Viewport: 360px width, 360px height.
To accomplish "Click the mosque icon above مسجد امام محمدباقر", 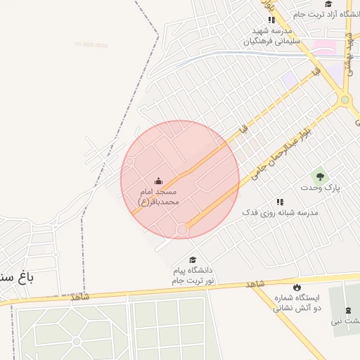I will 158,181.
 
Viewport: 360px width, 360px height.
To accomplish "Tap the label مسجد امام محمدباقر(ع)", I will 158,196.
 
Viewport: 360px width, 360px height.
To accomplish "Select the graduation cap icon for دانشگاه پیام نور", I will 193,260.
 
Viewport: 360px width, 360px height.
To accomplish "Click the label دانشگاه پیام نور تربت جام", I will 193,276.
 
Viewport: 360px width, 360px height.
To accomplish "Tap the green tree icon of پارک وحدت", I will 321,177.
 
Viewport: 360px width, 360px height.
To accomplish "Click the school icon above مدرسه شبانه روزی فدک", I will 281,201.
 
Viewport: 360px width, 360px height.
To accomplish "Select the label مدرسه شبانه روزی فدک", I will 280,212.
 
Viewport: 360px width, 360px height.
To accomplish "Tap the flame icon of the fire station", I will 296,287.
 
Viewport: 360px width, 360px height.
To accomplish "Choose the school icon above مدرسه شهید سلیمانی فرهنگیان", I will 271,20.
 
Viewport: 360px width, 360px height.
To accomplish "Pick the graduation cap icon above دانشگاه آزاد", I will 328,4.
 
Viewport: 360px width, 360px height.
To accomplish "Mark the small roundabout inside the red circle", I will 182,229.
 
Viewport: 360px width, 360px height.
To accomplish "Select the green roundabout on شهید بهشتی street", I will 345,100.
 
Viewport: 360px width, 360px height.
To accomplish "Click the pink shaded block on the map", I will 323,47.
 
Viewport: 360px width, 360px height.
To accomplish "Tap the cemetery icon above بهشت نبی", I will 348,310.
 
